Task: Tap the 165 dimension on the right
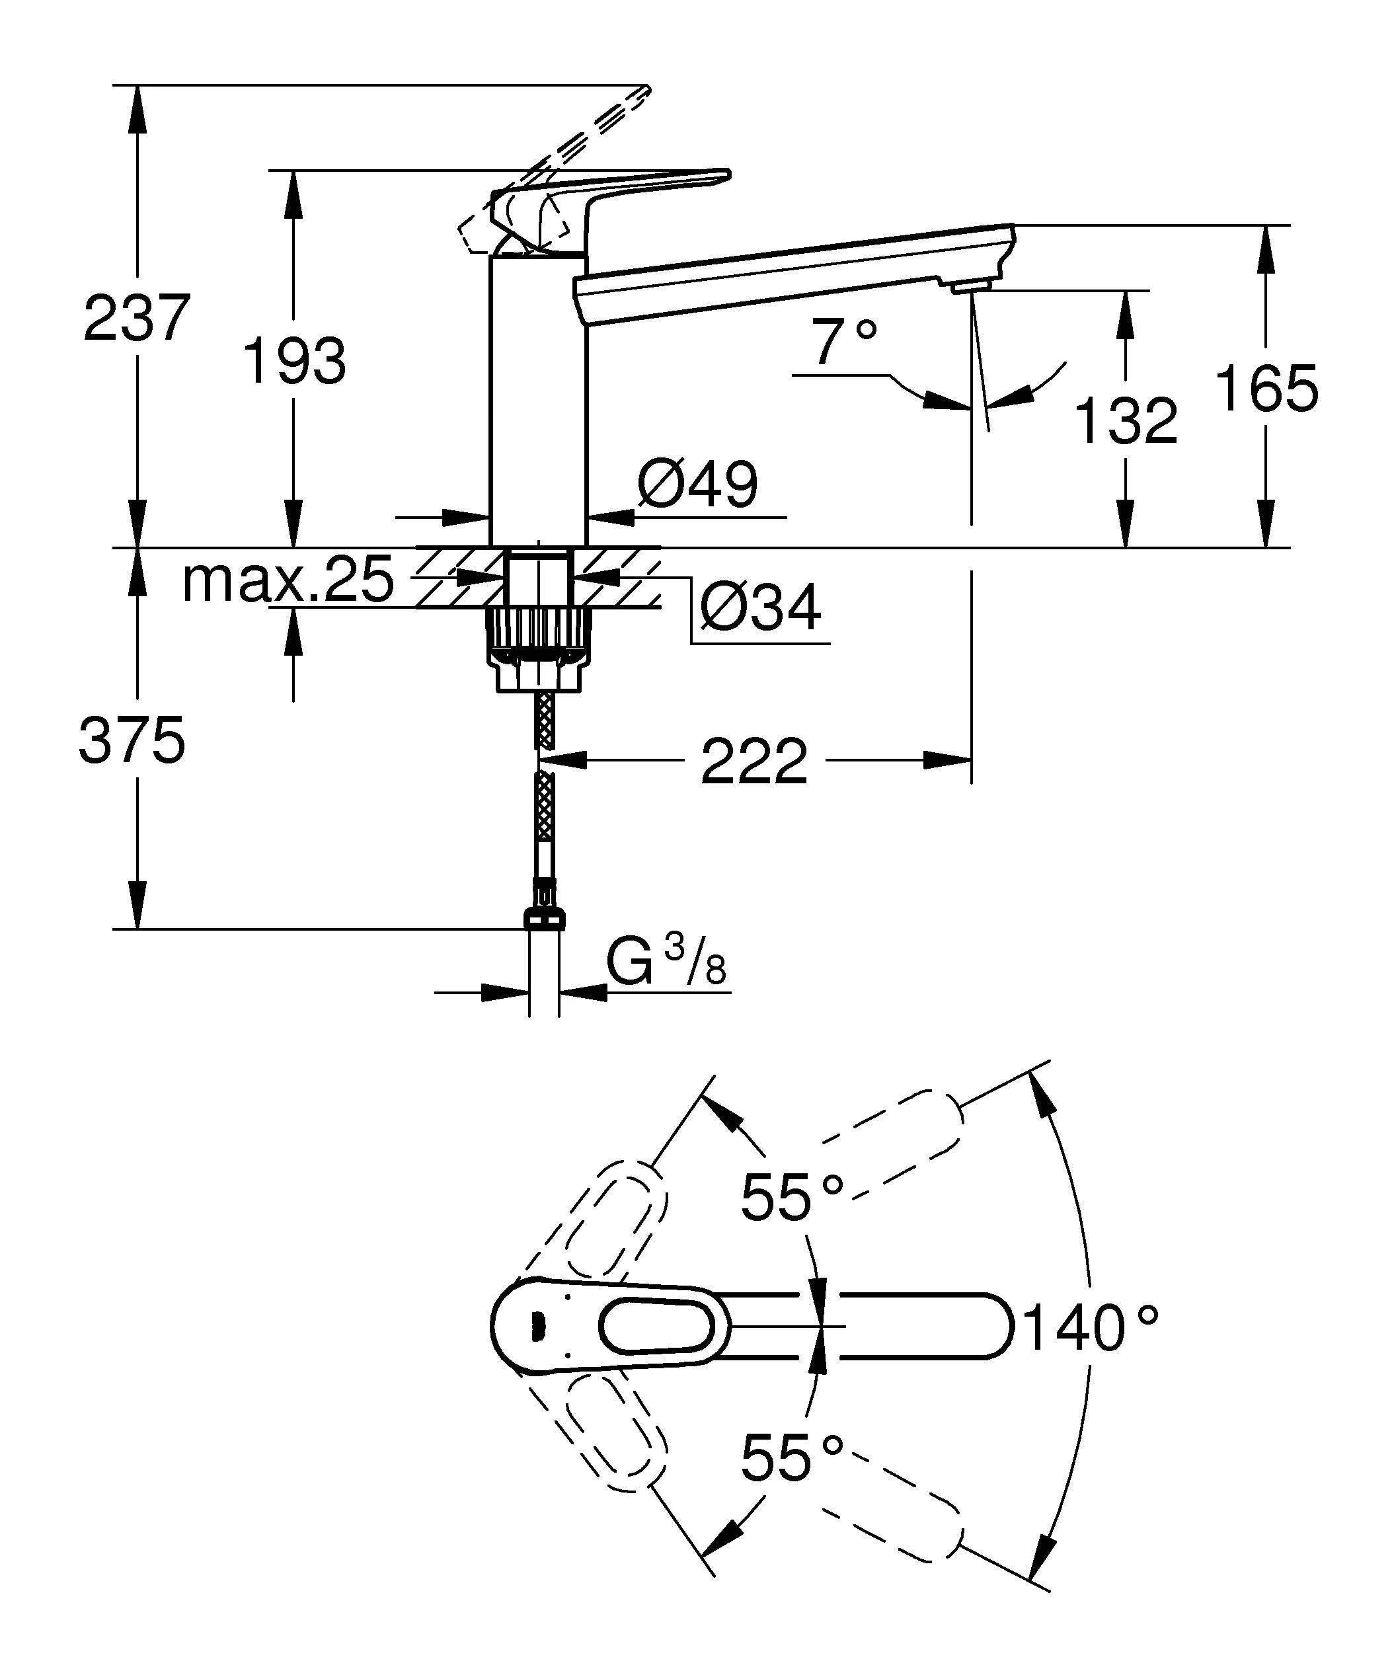pyautogui.click(x=1266, y=389)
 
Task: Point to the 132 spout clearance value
pyautogui.click(x=1126, y=421)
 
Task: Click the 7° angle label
pyautogui.click(x=845, y=342)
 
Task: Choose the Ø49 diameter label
pyautogui.click(x=697, y=484)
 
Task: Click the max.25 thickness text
pyautogui.click(x=288, y=580)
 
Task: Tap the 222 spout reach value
pyautogui.click(x=754, y=761)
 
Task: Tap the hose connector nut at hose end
pyautogui.click(x=545, y=919)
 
